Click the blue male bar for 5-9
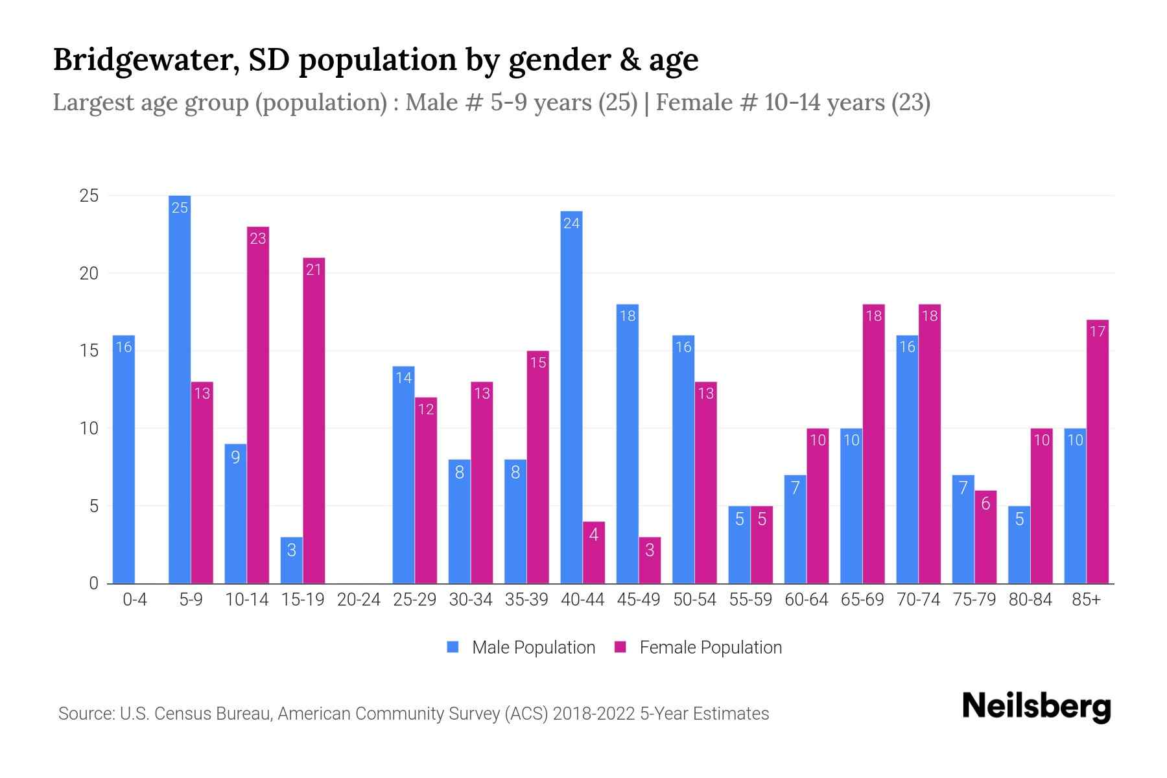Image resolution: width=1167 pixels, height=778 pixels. point(180,389)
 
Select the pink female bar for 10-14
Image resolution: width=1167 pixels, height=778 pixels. point(258,405)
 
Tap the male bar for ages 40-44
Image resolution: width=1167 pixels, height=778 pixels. point(571,397)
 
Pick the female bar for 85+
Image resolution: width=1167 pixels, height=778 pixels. point(1098,452)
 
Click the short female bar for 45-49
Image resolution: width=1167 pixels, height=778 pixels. point(650,560)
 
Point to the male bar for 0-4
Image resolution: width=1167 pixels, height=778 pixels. point(124,459)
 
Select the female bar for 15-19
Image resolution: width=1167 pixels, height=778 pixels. point(314,421)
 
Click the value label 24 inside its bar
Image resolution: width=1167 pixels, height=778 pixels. point(571,224)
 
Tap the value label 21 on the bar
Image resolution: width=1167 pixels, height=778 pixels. point(314,270)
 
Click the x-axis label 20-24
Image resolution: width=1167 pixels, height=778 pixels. point(359,600)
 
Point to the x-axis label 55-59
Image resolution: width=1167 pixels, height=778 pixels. point(750,600)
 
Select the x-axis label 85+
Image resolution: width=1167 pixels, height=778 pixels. point(1086,600)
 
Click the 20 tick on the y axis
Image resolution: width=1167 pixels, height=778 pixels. point(89,274)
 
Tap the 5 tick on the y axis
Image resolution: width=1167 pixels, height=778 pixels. point(94,506)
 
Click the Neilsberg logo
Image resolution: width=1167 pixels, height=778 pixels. point(1036,707)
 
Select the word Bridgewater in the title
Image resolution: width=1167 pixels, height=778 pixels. point(139,60)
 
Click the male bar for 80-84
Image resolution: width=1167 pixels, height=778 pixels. point(1019,545)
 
